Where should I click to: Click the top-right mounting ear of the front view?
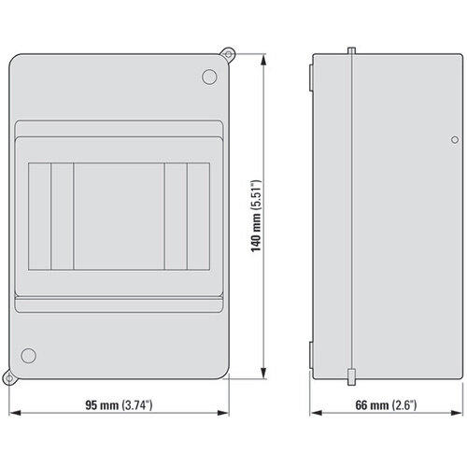coord(226,52)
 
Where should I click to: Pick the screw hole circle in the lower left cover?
coord(28,356)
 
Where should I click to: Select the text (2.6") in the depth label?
coord(403,406)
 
